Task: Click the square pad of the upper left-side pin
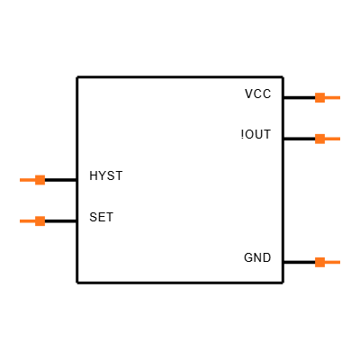40,180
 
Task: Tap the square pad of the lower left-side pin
40,221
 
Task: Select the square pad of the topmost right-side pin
319,97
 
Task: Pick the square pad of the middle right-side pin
319,139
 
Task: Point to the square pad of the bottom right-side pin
319,263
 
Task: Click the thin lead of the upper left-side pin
27,180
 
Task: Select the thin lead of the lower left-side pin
27,221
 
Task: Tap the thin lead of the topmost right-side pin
332,97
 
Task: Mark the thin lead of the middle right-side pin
332,139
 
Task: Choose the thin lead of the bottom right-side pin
332,263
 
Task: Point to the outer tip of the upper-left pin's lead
21,180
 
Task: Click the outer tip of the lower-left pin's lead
21,221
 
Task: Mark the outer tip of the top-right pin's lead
339,97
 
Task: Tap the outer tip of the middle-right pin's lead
339,139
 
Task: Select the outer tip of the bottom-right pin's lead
339,263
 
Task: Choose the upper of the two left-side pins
33,180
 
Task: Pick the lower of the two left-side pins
33,221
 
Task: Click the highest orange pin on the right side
327,97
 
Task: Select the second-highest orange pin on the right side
327,139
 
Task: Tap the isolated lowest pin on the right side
327,263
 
